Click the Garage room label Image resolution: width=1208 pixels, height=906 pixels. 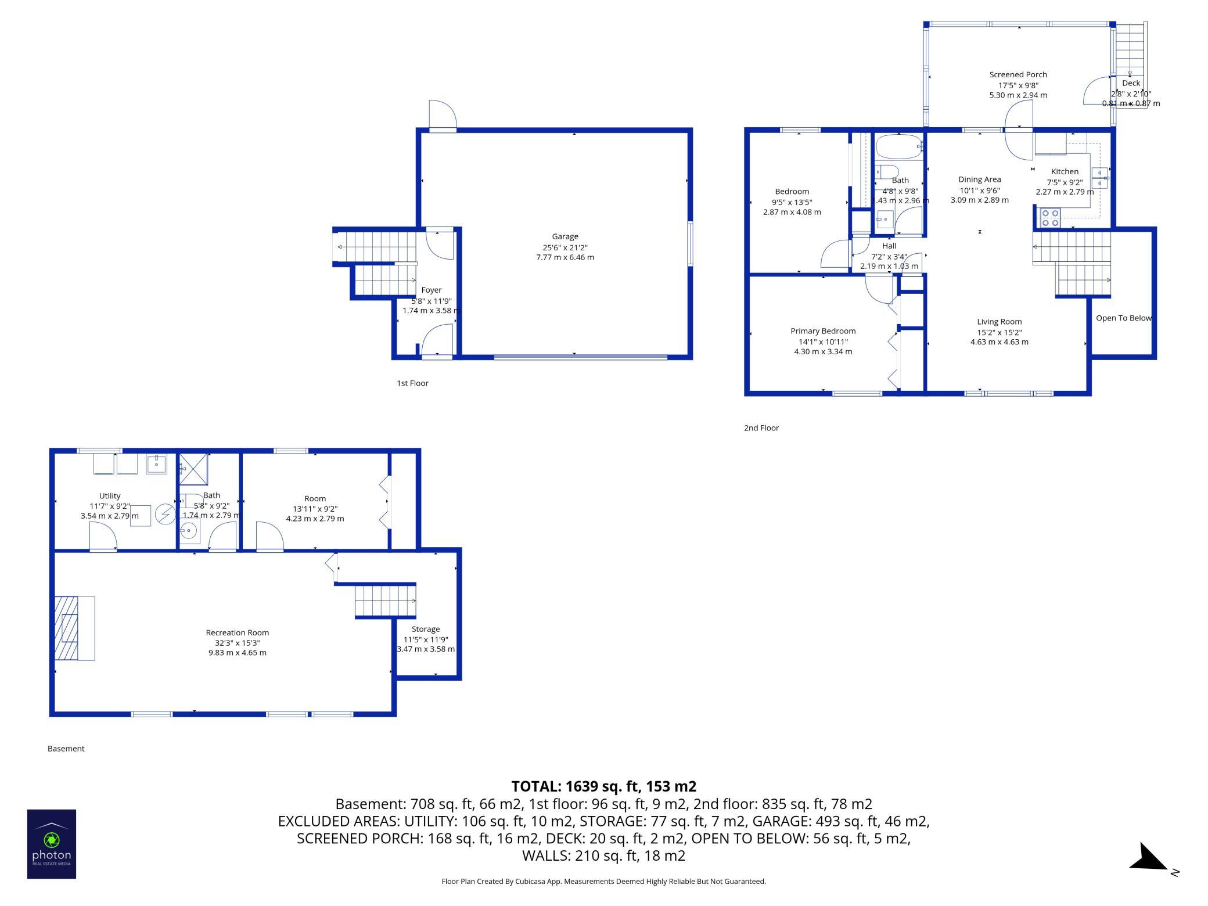point(565,236)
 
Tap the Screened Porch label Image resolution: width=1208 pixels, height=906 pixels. point(1018,74)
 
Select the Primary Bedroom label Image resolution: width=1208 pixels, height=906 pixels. point(823,331)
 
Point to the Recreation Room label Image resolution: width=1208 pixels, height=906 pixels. point(238,632)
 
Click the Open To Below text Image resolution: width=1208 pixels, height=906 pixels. point(1123,318)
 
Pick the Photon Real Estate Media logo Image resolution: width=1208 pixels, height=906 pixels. point(52,844)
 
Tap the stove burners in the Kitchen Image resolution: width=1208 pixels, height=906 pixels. point(1050,217)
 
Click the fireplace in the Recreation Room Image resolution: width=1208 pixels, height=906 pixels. point(74,628)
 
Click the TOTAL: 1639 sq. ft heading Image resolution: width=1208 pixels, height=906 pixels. point(603,786)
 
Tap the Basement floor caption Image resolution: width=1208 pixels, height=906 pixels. point(66,749)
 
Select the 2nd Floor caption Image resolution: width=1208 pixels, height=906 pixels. point(761,428)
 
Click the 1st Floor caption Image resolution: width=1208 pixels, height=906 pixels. point(412,383)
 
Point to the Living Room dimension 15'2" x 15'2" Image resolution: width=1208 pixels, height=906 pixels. point(999,332)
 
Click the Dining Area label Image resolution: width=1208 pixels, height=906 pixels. point(980,179)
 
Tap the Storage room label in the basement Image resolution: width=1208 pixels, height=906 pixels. point(426,629)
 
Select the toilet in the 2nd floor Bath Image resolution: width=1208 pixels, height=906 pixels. point(887,172)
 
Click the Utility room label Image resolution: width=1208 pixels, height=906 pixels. point(110,495)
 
